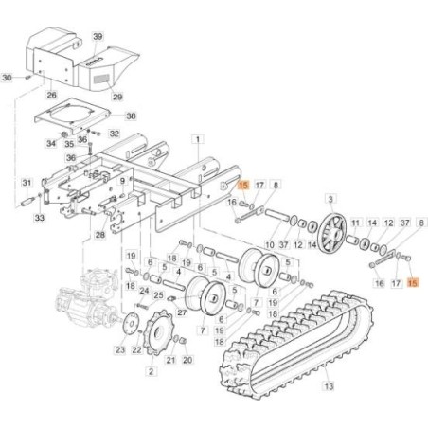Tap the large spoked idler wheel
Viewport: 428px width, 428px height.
330,230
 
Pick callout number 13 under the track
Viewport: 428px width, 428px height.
329,386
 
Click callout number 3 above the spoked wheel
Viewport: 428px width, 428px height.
330,198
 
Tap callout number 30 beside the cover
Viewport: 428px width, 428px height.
8,77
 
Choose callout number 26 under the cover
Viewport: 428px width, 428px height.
51,96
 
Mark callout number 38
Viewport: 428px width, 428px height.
131,116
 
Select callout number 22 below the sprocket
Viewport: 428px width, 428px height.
135,351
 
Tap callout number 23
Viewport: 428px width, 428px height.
120,351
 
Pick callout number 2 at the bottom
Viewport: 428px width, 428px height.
152,372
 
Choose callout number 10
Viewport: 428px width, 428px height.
270,245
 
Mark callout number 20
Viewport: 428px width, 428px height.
186,361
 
